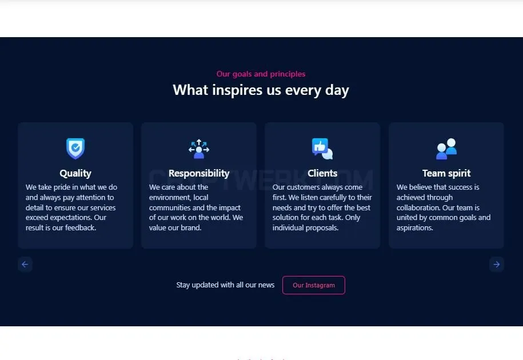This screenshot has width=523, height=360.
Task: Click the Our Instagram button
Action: pos(314,285)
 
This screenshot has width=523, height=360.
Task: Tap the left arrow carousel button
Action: pos(25,265)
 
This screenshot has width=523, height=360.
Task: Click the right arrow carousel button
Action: pos(496,265)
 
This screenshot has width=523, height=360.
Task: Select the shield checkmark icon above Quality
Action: pos(75,149)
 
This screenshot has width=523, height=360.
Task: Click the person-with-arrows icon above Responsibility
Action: pos(199,149)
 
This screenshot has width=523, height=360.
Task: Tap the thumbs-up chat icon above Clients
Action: pos(322,149)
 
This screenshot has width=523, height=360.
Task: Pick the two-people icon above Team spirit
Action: pos(446,149)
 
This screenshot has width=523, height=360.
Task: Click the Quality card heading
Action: pos(75,173)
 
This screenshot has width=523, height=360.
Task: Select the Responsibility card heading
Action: pos(199,173)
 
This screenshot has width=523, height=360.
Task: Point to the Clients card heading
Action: pos(322,173)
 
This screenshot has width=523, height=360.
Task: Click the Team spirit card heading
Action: pos(446,173)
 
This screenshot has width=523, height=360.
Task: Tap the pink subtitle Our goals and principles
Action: pos(261,74)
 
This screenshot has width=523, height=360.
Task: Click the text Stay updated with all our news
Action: pos(225,285)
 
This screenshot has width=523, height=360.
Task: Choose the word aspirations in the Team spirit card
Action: pos(414,227)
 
